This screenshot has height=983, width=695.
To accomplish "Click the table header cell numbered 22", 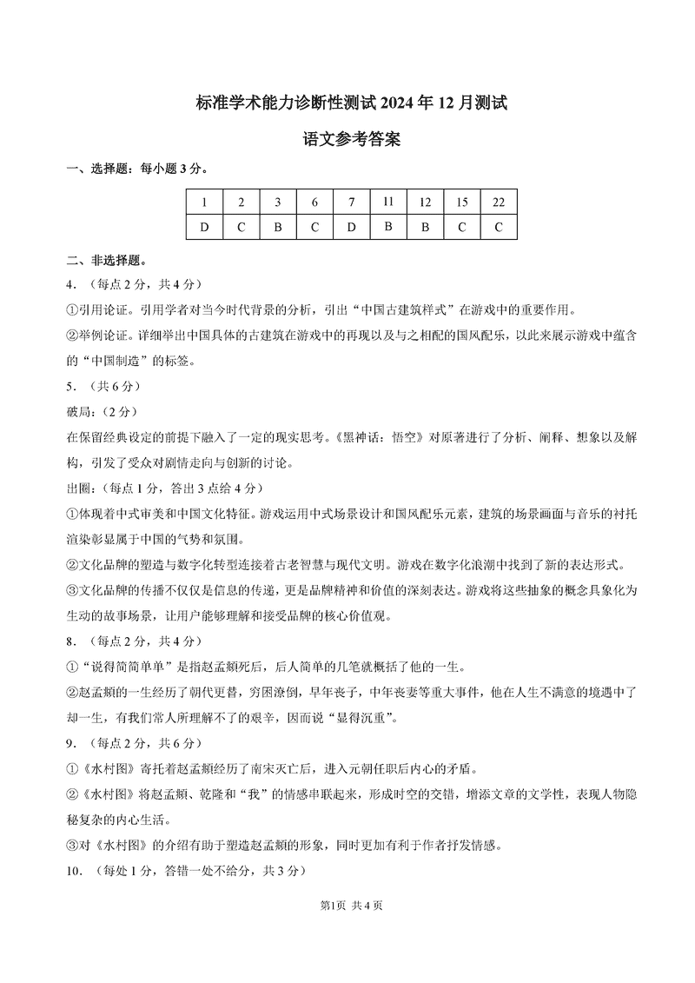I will (x=498, y=203).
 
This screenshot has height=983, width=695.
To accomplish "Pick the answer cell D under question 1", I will (x=204, y=227).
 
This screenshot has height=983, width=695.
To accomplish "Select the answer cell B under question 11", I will (x=388, y=227).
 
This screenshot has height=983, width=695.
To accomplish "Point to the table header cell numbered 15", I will (x=461, y=203).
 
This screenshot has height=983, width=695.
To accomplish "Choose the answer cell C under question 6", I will (x=314, y=227).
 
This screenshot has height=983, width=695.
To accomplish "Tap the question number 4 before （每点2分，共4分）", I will (x=69, y=284).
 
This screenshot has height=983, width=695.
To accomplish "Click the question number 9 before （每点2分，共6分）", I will (x=69, y=743).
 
